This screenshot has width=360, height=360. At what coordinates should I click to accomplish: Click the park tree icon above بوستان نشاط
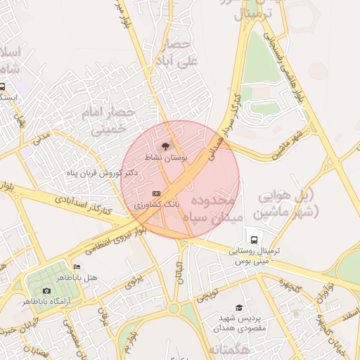point(165,146)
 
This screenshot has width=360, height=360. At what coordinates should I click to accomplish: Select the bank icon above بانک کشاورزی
point(156,193)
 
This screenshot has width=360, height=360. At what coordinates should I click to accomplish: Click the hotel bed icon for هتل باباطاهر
point(77,268)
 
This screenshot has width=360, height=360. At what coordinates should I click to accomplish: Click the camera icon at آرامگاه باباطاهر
point(46,290)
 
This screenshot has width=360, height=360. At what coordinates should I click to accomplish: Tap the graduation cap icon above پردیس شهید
point(239,307)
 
